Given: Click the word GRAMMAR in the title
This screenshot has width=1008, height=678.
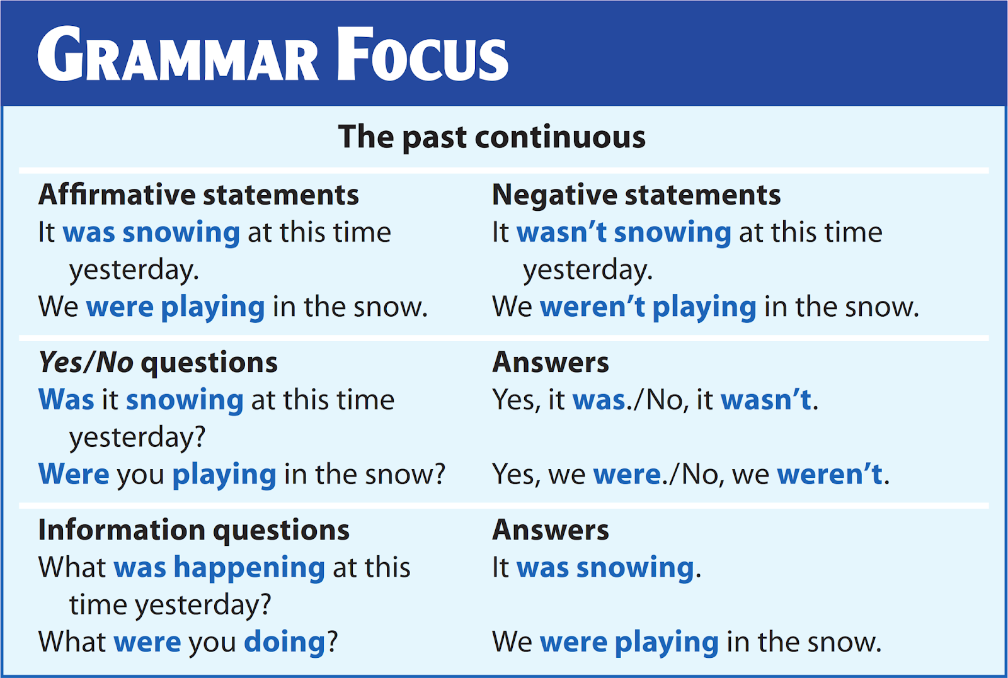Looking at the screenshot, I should pos(178,55).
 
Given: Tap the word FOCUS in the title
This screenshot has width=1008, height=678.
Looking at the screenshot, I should pos(422,55).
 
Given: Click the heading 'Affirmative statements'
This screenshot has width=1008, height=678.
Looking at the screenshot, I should pos(198,195).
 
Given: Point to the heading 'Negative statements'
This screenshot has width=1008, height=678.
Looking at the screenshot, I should pos(636,195).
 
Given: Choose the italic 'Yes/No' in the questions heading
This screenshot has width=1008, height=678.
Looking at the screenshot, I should pos(86,363).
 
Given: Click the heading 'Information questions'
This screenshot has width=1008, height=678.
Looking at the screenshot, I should pos(193,530).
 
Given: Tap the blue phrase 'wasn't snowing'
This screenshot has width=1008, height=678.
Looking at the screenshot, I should pos(624,232).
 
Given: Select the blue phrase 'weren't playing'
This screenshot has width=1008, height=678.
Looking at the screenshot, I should pos(648,307).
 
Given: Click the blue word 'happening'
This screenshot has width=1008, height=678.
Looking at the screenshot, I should pos(249,568).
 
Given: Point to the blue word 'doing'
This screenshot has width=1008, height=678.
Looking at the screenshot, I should pos(284,642).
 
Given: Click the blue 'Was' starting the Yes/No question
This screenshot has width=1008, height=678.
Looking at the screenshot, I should pos(66,400).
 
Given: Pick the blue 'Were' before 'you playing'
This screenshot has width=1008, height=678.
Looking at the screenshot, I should pos(74,474).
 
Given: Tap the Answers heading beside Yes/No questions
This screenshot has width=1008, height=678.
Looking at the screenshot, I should pos(551,363).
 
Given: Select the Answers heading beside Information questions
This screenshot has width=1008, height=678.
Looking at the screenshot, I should pos(551,530).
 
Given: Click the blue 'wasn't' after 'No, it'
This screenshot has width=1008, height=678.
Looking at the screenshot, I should pos(766,400).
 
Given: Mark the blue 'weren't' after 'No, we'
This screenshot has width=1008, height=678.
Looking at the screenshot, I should pos(830,474).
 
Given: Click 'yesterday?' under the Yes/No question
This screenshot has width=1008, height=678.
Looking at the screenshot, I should pos(137,438).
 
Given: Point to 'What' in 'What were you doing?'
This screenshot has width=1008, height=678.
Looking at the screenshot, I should pos(72,642).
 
